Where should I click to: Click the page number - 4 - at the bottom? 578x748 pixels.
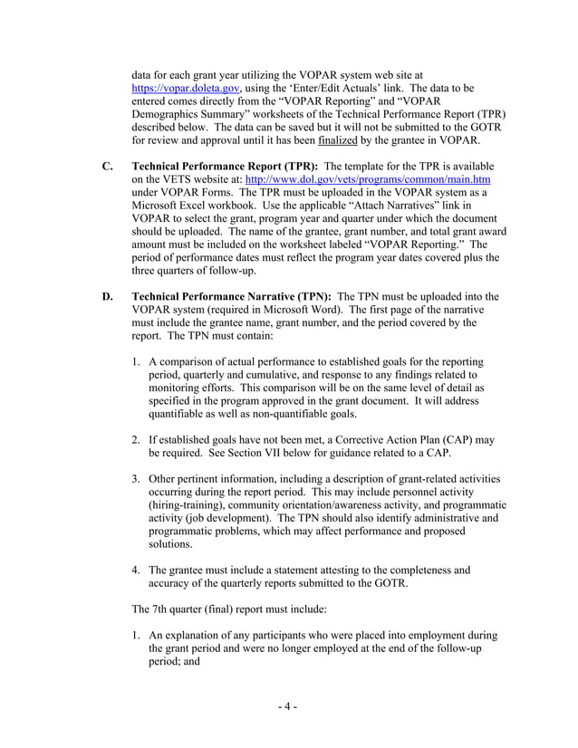[x=288, y=706]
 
